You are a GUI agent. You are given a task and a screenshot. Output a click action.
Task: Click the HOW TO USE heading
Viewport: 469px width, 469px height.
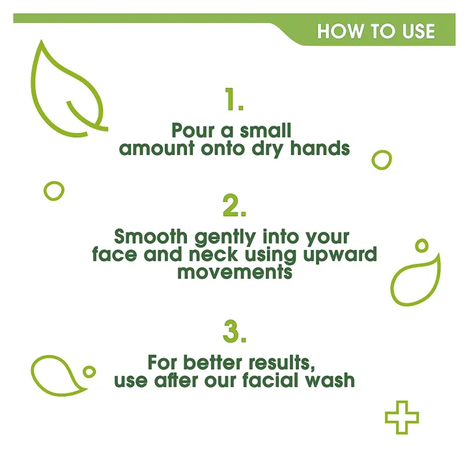pyautogui.click(x=376, y=31)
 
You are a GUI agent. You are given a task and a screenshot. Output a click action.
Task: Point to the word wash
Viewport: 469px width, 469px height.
pyautogui.click(x=332, y=380)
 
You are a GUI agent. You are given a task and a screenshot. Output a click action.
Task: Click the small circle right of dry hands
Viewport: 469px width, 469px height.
pyautogui.click(x=382, y=160)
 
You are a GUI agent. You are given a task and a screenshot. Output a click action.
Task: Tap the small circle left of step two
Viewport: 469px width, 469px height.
pyautogui.click(x=54, y=190)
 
